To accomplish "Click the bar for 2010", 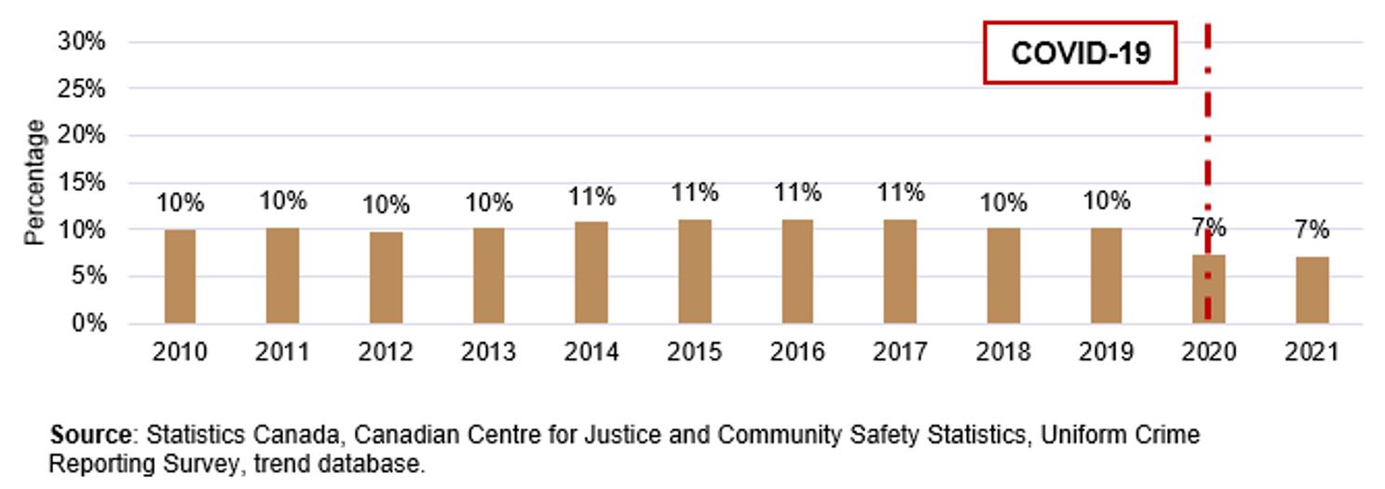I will pos(180,277).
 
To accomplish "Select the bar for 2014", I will pos(591,272).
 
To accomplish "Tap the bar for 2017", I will pos(901,271).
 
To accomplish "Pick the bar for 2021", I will pos(1312,290).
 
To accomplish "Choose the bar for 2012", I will pos(386,278).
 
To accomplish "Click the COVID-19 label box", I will pos(1080,53).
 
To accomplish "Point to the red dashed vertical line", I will pos(1208,140).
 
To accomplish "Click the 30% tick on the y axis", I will pos(83,42).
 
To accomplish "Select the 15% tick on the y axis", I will pos(83,183).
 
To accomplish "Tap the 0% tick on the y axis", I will pos(89,324).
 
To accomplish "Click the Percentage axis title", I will pos(34,183).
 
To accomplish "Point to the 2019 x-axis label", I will pos(1106,352).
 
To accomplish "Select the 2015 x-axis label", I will pos(694,352).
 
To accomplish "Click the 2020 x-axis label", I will pos(1208,352).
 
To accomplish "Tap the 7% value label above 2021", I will pos(1311,230).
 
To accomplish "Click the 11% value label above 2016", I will pos(797,193).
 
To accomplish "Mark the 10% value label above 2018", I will pos(1002,202).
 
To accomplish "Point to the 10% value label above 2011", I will pos(283,201).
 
